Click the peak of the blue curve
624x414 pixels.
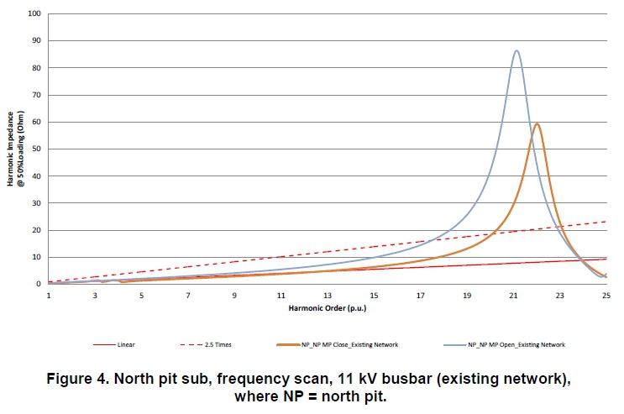point(517,51)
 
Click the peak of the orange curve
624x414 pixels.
point(537,124)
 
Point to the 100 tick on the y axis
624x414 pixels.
point(34,13)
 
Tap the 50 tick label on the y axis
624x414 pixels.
point(36,149)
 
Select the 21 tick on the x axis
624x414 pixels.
point(513,296)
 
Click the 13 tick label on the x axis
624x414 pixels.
point(328,296)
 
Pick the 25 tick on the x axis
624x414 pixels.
point(606,296)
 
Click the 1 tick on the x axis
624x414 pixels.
point(49,296)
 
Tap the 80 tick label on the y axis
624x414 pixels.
point(36,68)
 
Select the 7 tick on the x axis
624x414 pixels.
point(188,296)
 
